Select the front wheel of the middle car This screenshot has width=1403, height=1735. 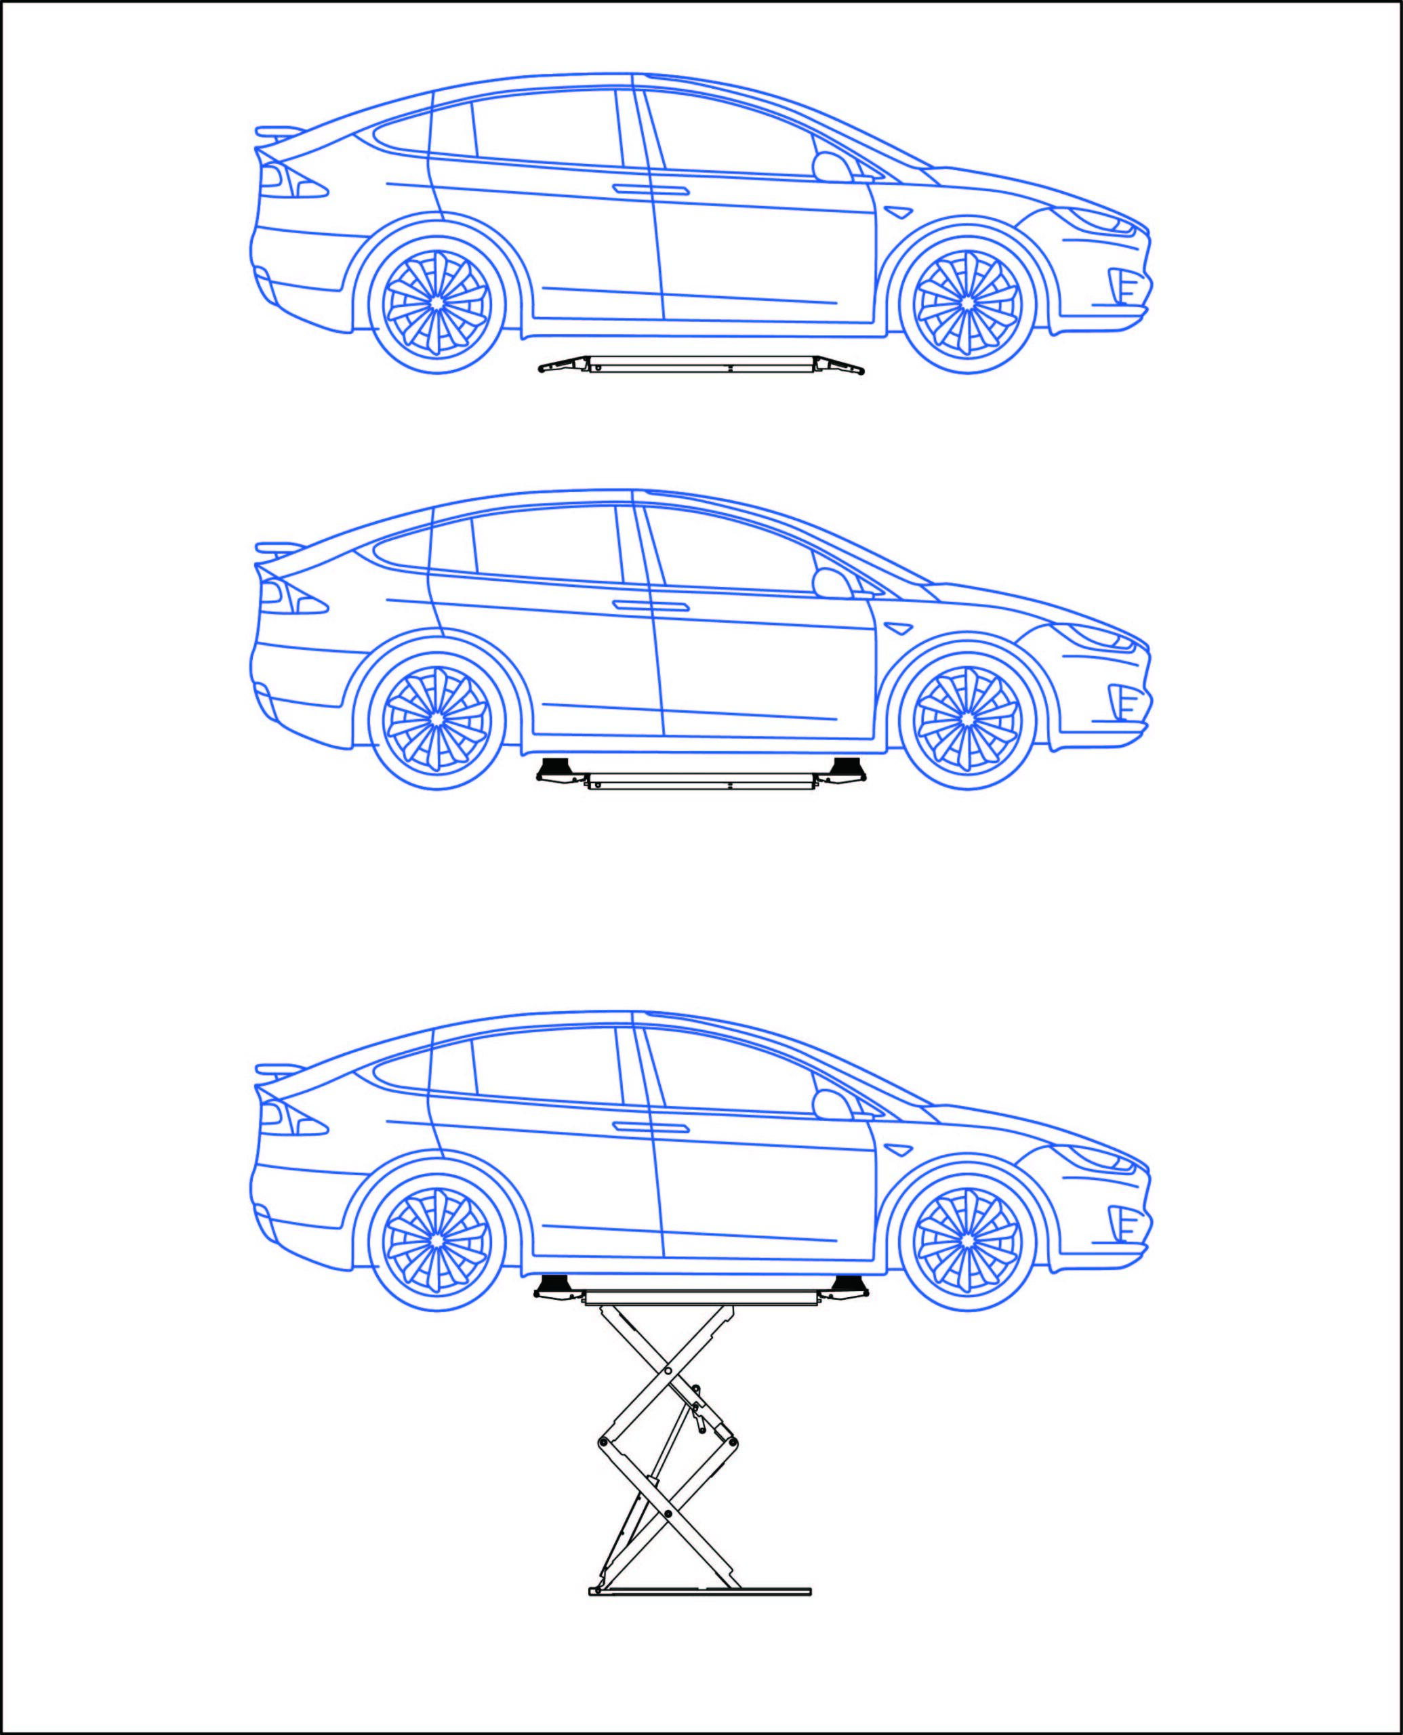pos(967,718)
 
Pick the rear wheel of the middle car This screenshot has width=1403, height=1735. pos(436,718)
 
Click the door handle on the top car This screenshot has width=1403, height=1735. pos(651,190)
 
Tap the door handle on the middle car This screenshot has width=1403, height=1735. pos(651,606)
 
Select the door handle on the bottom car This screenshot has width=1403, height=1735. pos(651,1127)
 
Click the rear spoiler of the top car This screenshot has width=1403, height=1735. pos(279,131)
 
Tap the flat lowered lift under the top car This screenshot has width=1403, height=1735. pos(701,365)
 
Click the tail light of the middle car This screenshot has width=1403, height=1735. pos(291,598)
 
